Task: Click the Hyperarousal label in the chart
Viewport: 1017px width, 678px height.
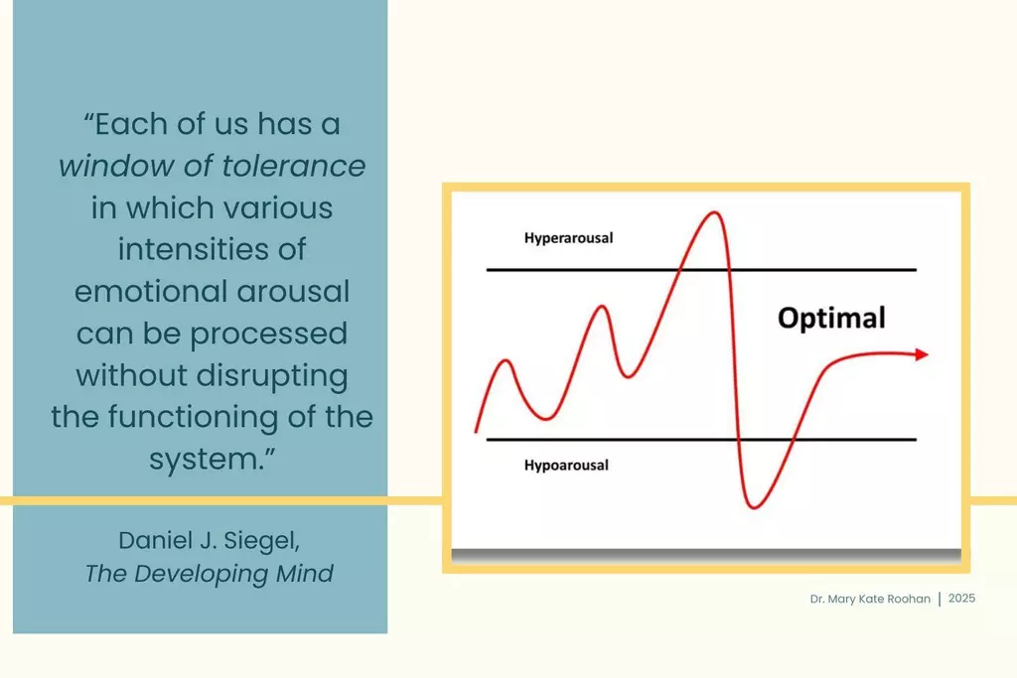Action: (x=568, y=238)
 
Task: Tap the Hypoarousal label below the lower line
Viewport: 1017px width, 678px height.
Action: (x=566, y=465)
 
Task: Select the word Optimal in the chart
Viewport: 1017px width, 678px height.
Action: (x=831, y=318)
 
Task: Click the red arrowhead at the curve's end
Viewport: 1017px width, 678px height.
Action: (x=922, y=354)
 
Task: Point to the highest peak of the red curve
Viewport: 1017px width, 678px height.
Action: (x=714, y=212)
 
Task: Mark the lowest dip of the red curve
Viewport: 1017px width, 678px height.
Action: (x=753, y=507)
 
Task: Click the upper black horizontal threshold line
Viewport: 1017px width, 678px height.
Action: (x=701, y=269)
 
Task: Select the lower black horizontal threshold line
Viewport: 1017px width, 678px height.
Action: (x=701, y=440)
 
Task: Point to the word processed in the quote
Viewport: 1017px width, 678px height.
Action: (x=268, y=335)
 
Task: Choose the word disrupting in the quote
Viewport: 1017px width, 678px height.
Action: (x=272, y=376)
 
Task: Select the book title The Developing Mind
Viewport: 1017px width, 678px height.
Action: (x=209, y=574)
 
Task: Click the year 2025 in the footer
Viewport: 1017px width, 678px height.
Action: (x=961, y=599)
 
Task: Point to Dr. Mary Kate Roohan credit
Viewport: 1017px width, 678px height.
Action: (x=870, y=599)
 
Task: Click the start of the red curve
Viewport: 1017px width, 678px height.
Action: (x=476, y=431)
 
